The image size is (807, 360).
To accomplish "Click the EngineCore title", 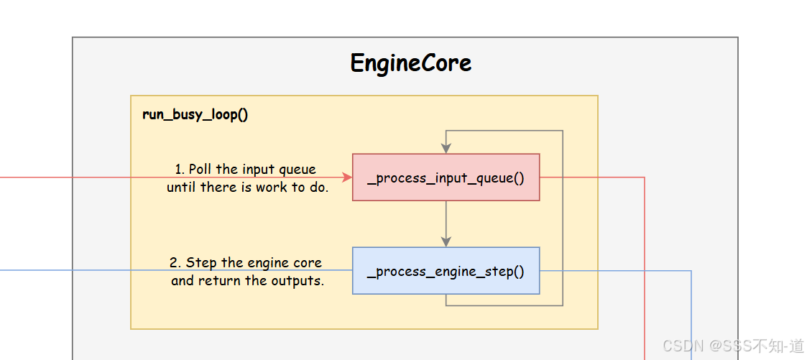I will click(x=410, y=63).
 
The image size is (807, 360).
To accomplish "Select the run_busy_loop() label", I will click(x=195, y=115).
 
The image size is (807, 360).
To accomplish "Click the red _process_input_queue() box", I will click(x=446, y=177).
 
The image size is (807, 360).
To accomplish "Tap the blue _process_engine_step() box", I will click(x=446, y=271).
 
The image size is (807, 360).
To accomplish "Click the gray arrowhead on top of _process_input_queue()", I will click(x=446, y=147).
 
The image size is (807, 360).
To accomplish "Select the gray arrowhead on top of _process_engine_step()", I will click(x=446, y=241).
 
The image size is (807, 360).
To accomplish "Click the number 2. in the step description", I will click(x=175, y=263).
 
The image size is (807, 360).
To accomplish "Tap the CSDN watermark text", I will click(x=733, y=346).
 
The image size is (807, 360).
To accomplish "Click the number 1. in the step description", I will click(x=180, y=170).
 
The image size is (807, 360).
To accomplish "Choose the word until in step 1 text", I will click(x=182, y=188).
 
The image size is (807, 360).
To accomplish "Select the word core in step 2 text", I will click(x=308, y=263).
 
